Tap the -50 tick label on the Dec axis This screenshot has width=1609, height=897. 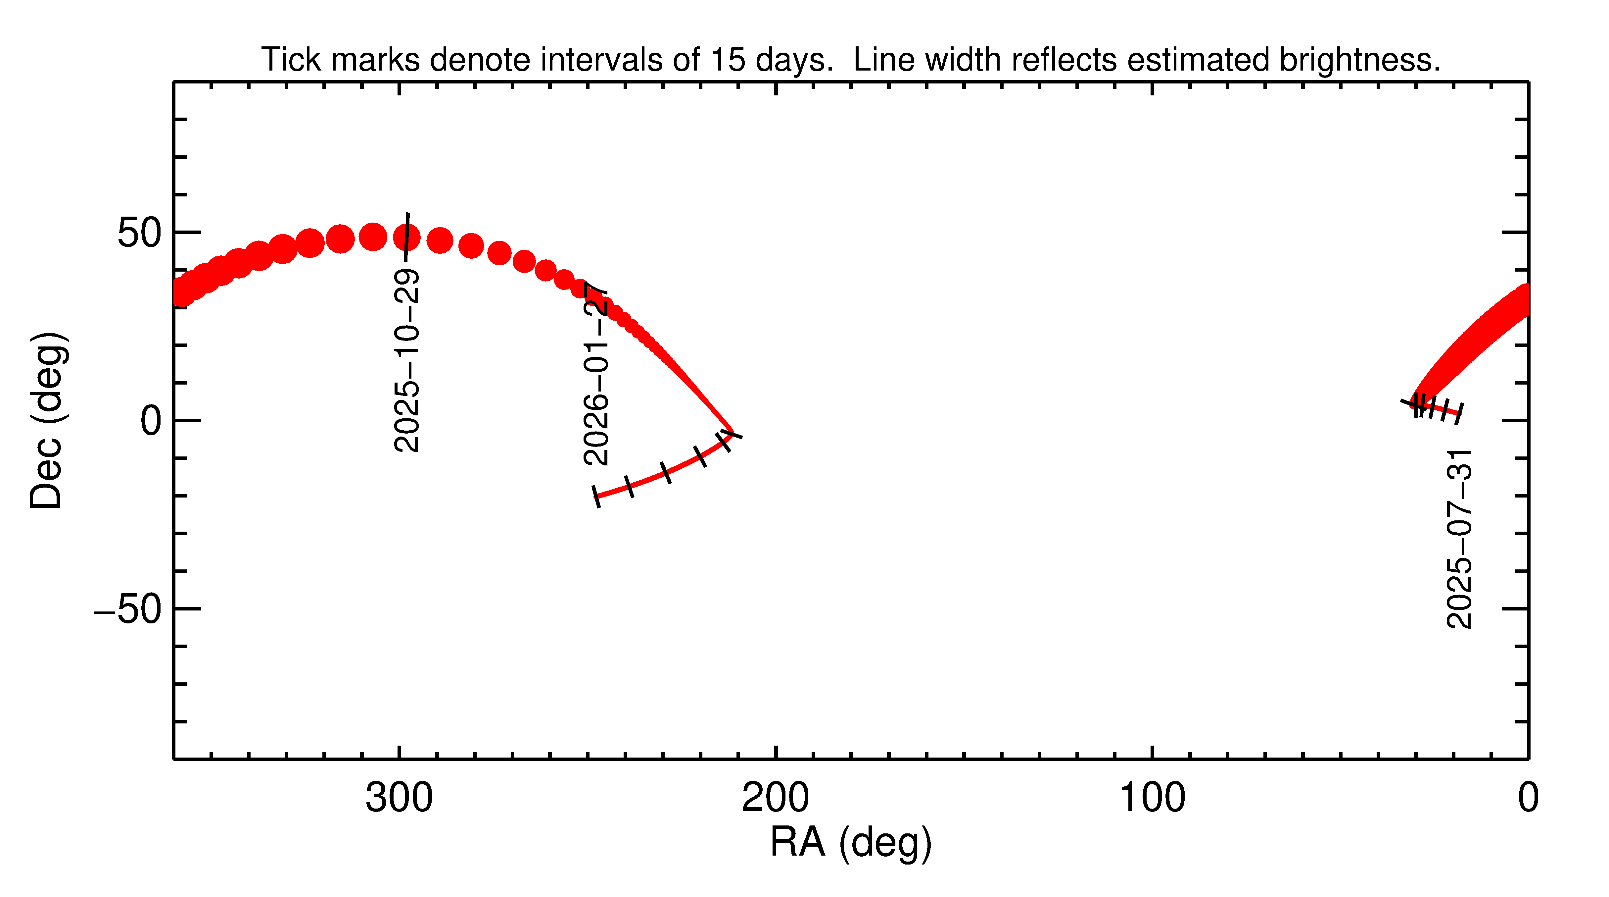[x=128, y=609]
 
